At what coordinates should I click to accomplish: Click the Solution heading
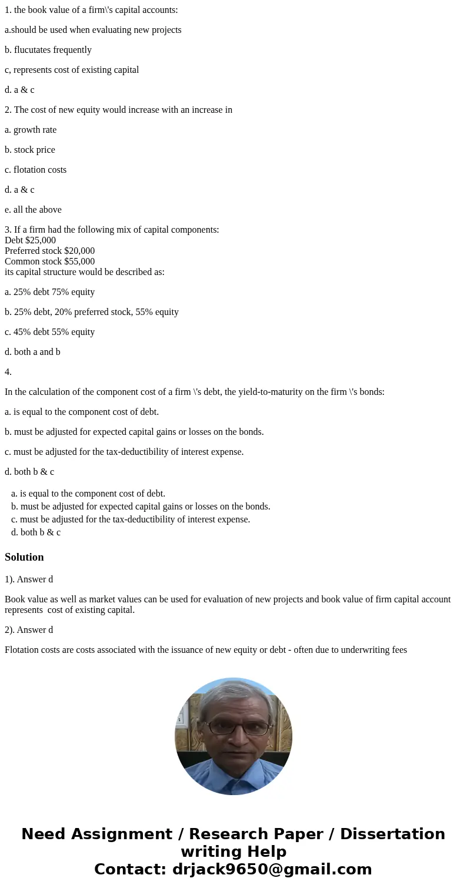coord(24,557)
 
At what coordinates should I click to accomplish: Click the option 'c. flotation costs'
coord(35,170)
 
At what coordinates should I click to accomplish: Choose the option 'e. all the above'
coord(33,210)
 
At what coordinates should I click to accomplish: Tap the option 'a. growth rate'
coord(31,130)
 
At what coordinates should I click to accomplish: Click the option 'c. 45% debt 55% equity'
coord(49,332)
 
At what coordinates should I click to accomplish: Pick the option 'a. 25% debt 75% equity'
coord(49,292)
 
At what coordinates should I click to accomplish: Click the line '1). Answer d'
coord(29,579)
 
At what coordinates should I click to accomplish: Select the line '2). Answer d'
coord(29,630)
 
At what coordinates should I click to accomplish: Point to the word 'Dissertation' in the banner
coord(392,834)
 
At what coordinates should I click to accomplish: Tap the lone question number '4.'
coord(8,372)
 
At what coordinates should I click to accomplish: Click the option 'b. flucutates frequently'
coord(48,50)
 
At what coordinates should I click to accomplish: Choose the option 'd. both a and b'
coord(32,352)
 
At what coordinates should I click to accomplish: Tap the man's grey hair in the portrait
coord(233,691)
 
